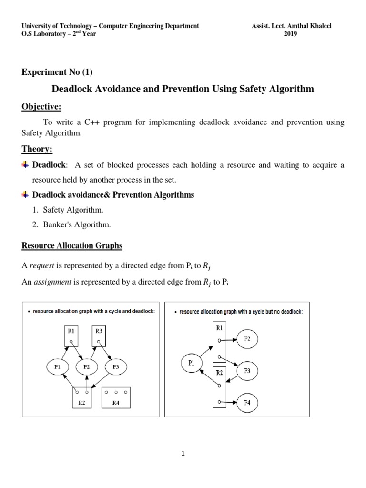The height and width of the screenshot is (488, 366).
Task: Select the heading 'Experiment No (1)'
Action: point(57,72)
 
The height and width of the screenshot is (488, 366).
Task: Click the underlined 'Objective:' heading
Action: point(42,106)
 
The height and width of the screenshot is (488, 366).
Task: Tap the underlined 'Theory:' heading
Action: point(37,150)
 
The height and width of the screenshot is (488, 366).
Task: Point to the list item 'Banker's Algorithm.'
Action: point(72,224)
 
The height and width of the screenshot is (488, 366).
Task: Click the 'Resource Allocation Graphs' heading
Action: point(71,246)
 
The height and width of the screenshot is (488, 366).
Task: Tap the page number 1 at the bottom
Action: point(183,453)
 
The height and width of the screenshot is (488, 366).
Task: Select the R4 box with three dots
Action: point(116,397)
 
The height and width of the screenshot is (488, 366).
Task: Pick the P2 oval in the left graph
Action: point(87,366)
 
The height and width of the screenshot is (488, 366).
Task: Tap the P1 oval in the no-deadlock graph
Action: point(192,363)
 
